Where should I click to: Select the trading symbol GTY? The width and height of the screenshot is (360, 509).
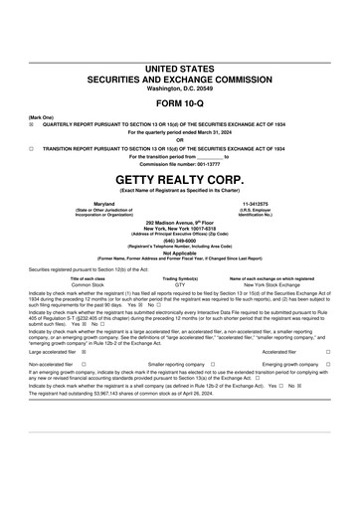(180, 284)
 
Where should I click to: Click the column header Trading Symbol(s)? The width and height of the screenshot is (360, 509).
(180, 278)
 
